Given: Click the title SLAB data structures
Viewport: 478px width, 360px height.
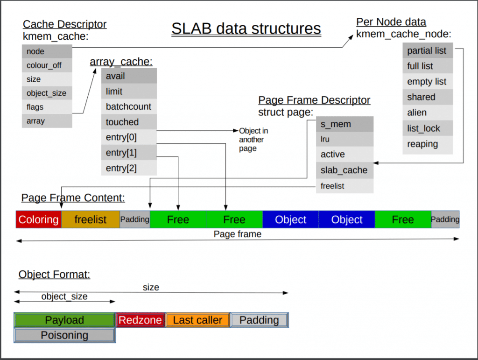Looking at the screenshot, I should click(246, 29).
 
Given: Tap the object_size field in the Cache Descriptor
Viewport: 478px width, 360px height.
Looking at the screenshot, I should click(47, 93).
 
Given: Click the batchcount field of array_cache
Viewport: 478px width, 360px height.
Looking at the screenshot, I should click(129, 106).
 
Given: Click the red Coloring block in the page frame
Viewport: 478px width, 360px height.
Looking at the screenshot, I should click(39, 219).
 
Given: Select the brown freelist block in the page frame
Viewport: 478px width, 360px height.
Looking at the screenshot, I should click(91, 219).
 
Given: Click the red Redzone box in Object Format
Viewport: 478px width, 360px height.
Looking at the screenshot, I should click(140, 320).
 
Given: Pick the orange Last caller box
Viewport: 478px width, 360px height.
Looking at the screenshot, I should click(197, 320).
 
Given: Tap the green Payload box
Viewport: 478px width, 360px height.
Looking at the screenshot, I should click(64, 320).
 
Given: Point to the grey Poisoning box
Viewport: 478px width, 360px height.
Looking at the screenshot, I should click(64, 335).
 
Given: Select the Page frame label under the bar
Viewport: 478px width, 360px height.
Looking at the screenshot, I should click(238, 234).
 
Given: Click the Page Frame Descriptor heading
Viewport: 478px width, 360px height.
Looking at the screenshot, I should click(314, 100).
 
